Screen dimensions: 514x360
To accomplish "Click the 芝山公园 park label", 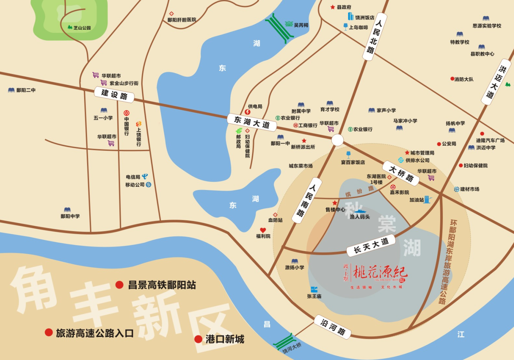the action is tap(82, 28).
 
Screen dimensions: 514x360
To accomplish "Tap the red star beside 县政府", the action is tap(333, 7).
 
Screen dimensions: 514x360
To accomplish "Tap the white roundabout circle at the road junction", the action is tap(337, 140).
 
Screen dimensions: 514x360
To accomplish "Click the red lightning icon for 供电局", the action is tap(248, 112).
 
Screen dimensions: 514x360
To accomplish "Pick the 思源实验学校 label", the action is tap(487, 26).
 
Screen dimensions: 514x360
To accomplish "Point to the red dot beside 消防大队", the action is tap(452, 79).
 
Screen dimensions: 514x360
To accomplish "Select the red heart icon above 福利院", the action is tap(263, 230).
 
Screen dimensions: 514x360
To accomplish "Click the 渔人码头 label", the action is tap(359, 217).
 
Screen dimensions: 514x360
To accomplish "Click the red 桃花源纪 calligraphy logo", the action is tap(380, 273).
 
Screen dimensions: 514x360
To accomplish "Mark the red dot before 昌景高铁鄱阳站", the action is tap(119, 284).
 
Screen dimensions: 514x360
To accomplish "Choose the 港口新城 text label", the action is tap(225, 339).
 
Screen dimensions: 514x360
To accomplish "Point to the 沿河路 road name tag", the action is tap(332, 326).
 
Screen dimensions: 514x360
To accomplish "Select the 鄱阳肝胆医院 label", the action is tap(182, 20).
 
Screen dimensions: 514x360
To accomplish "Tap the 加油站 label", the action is tap(417, 200).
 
